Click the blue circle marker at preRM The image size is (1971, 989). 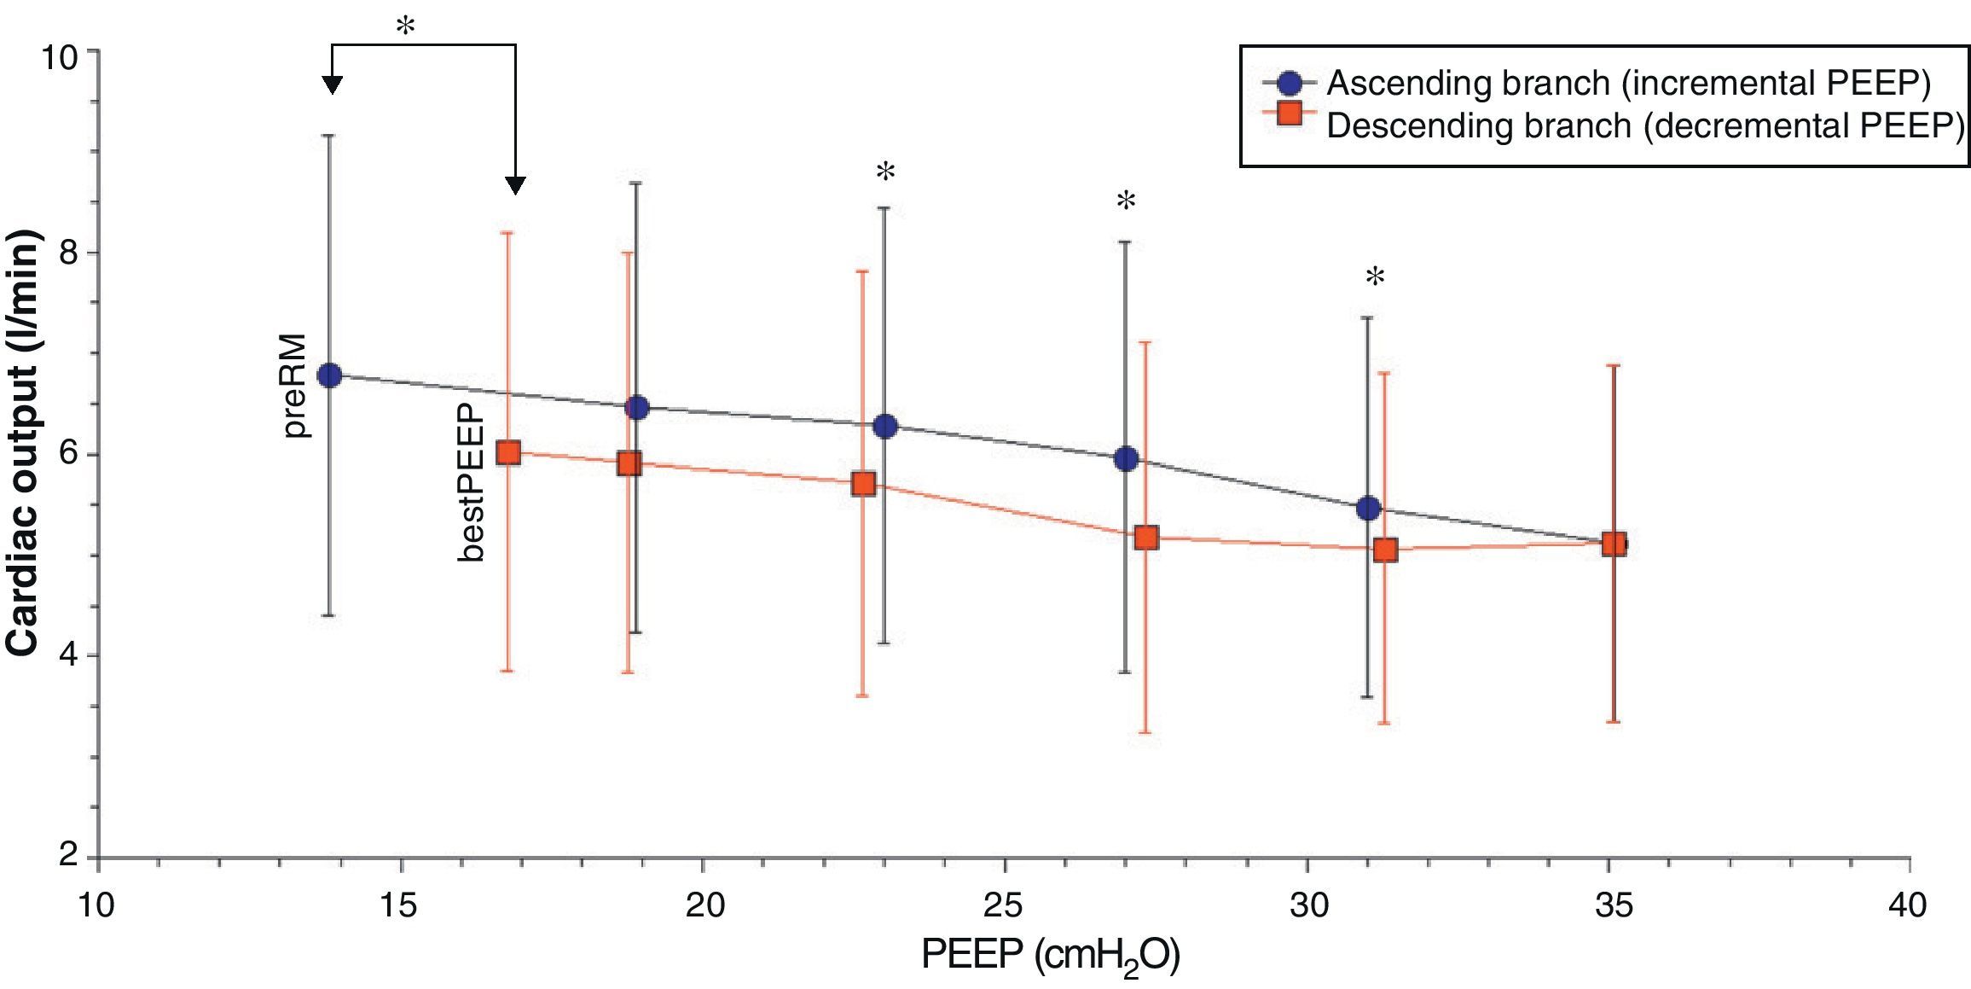329,375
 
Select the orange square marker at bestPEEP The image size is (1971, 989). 508,452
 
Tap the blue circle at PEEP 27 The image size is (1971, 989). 1126,459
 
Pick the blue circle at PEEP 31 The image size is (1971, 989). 1368,509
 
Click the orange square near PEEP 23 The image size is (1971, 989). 864,485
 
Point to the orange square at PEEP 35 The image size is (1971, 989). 1614,544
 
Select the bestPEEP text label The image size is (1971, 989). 471,484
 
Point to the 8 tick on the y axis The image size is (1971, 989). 67,253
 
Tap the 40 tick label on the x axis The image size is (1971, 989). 1909,905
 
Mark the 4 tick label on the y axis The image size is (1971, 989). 67,656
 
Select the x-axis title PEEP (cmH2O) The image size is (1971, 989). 1051,957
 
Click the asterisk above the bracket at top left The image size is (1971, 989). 406,27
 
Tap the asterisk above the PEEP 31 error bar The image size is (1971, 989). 1375,277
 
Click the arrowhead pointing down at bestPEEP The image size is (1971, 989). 515,185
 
